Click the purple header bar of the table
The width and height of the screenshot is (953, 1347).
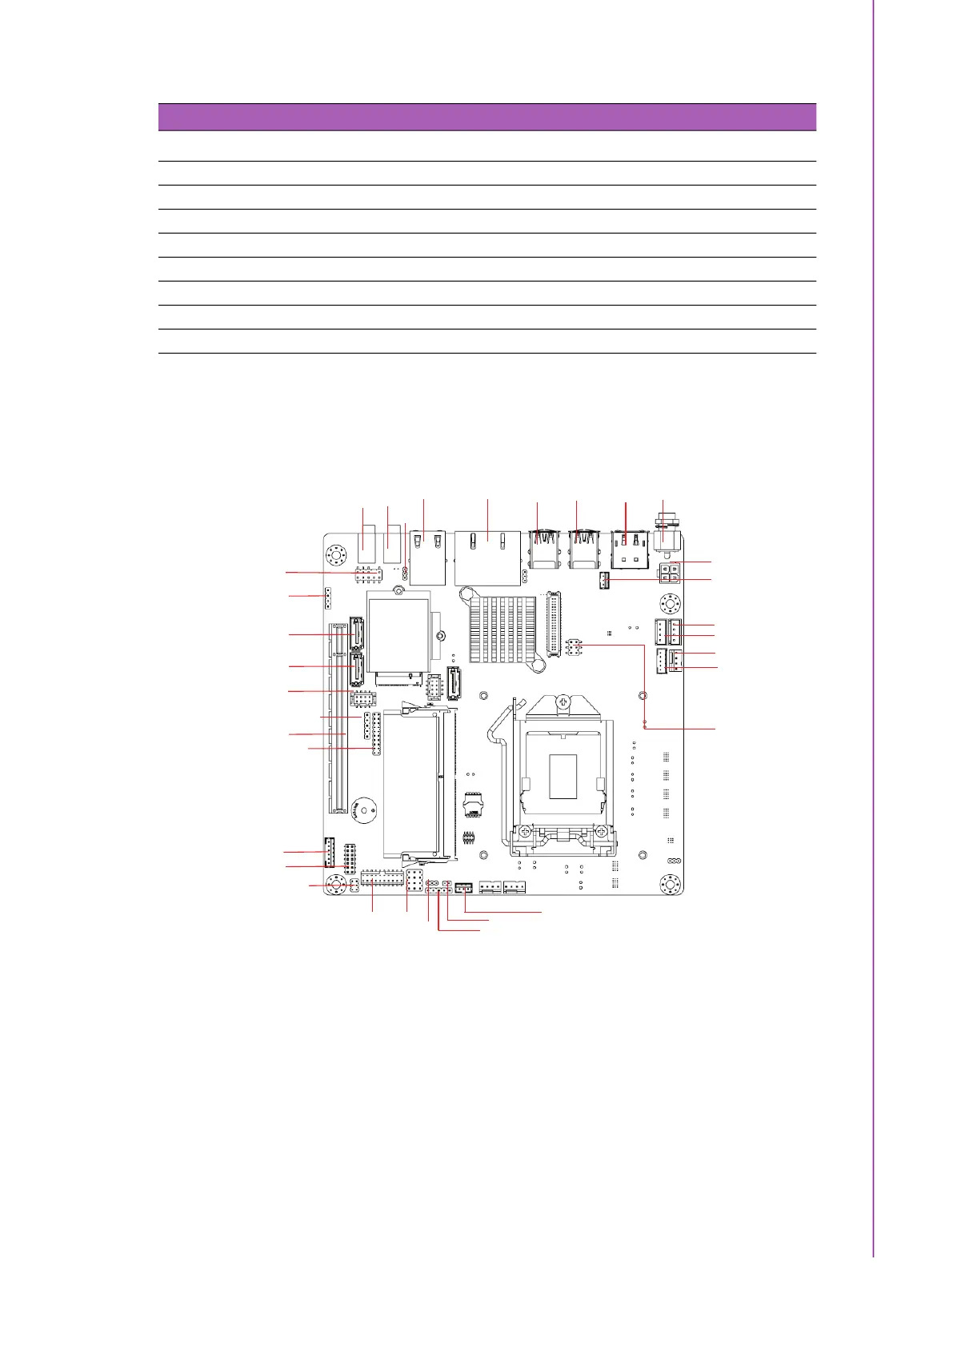487,117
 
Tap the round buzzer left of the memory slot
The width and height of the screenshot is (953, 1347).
361,809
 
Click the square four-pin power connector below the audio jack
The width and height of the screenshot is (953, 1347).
670,573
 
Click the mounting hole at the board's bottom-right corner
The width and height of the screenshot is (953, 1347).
670,885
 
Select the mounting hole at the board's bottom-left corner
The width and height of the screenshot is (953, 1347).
338,885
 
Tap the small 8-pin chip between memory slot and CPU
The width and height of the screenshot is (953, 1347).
473,802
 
